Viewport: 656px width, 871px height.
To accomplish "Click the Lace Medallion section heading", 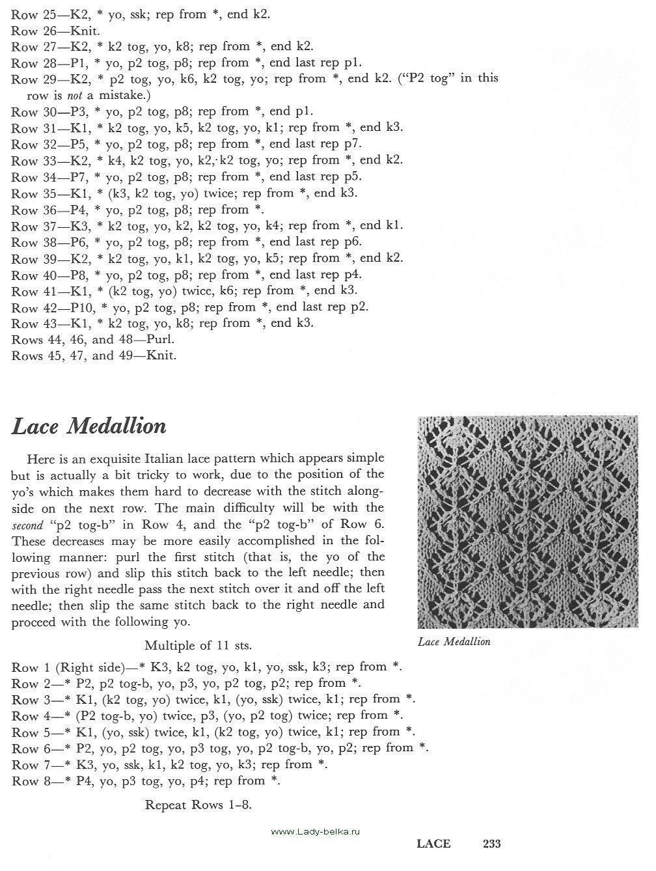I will pyautogui.click(x=89, y=426).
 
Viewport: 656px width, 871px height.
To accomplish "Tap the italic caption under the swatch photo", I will pyautogui.click(x=454, y=642).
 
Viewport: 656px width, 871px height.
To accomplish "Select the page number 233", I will pyautogui.click(x=491, y=844).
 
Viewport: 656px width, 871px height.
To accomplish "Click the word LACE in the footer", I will pyautogui.click(x=433, y=844).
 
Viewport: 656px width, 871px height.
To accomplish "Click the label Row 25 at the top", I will pyautogui.click(x=25, y=14).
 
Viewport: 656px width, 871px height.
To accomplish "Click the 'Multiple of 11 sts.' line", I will pyautogui.click(x=198, y=646).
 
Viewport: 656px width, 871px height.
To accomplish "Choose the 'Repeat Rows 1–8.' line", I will pyautogui.click(x=198, y=805).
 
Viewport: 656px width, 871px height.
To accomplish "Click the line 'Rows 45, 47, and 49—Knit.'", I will pyautogui.click(x=94, y=356).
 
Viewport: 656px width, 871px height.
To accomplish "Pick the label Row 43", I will pyautogui.click(x=25, y=324).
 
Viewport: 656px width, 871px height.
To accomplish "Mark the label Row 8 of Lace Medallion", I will pyautogui.click(x=25, y=781).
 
